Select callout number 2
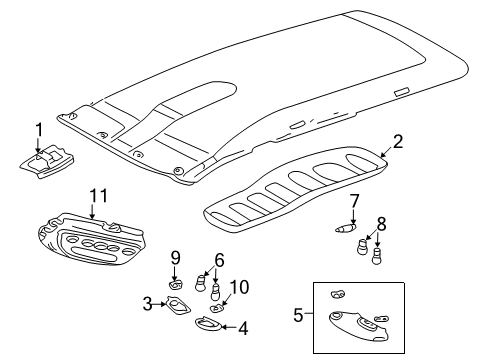[397, 142]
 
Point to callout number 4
[242, 326]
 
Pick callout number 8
[381, 222]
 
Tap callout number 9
[174, 257]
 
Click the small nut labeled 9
[176, 283]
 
